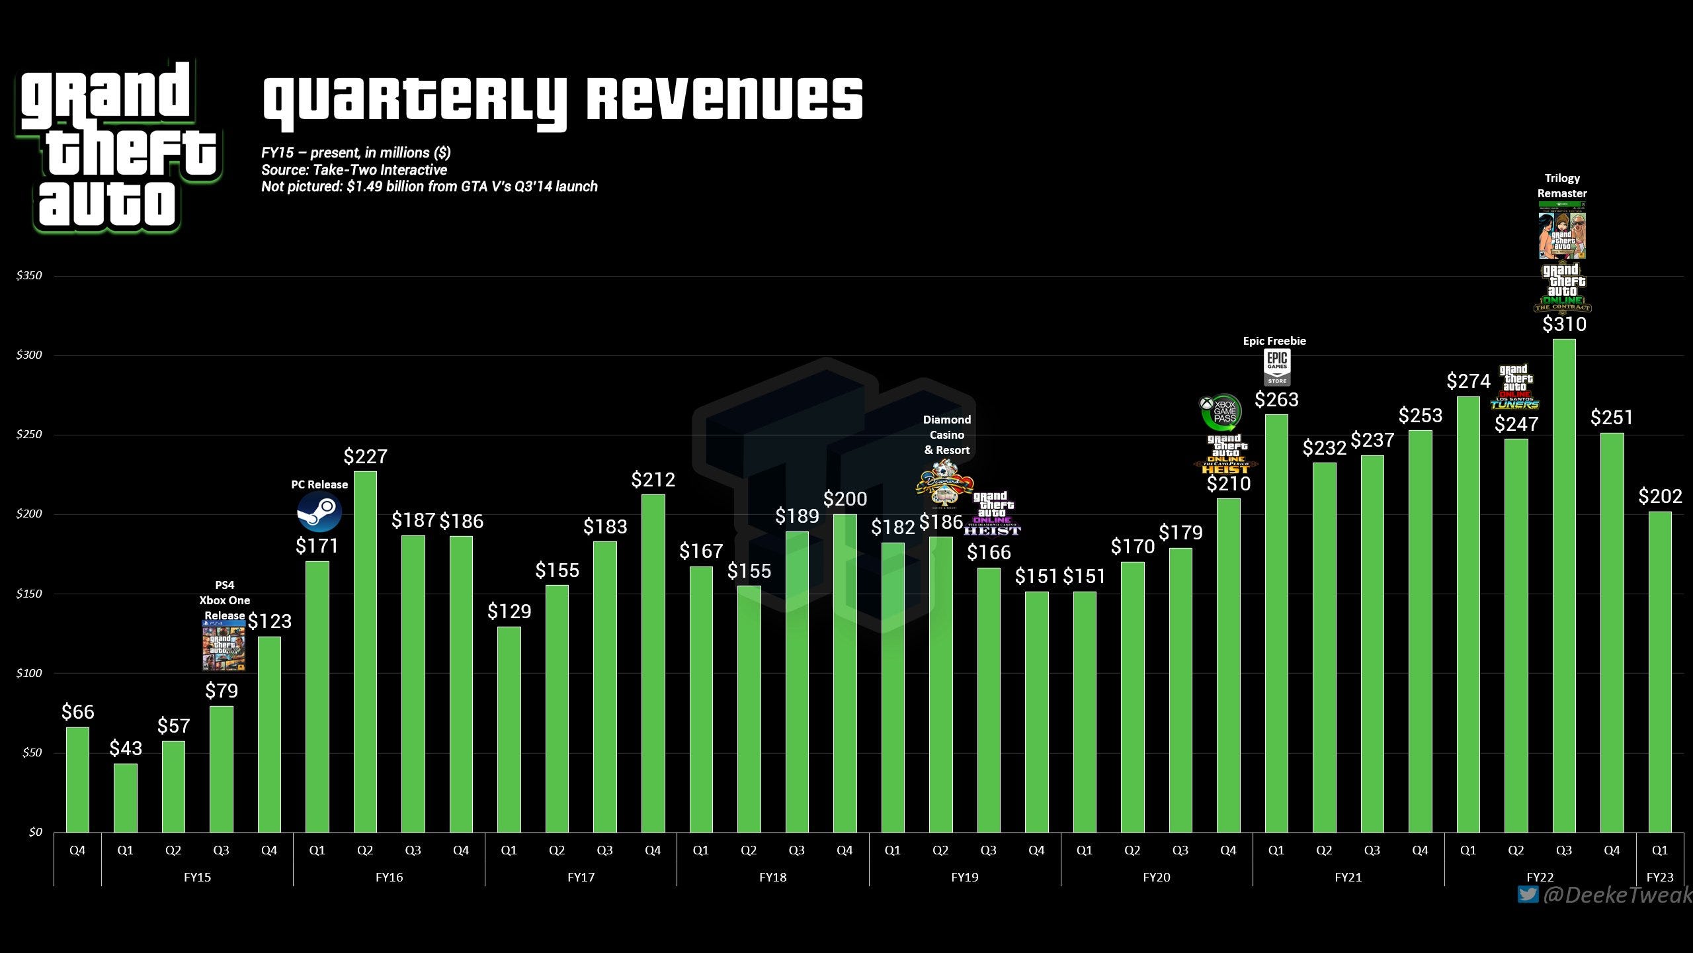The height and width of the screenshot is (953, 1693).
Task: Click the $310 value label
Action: [1564, 324]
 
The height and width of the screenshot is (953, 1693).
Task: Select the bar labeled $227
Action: [365, 652]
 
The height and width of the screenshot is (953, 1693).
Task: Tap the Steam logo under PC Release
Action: [319, 513]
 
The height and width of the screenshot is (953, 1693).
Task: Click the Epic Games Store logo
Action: [1277, 367]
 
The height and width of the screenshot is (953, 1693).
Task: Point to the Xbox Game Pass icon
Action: [1221, 411]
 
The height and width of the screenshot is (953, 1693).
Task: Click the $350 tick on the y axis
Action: [29, 275]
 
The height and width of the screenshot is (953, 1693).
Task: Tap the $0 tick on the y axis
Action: [35, 832]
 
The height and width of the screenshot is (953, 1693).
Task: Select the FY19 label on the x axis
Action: [964, 878]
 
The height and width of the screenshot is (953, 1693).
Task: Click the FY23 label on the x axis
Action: [1659, 878]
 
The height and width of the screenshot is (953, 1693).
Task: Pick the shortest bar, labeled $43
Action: [126, 798]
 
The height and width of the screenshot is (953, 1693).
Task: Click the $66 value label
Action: [78, 712]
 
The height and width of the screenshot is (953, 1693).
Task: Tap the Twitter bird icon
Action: [1528, 895]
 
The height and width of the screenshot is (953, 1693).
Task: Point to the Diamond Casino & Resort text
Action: [947, 435]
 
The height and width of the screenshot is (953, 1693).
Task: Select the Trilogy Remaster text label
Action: [1562, 186]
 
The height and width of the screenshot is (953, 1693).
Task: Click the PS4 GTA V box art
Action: [224, 647]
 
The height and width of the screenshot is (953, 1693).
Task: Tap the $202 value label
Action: [1660, 496]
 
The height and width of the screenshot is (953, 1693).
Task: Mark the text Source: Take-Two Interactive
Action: [354, 170]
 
